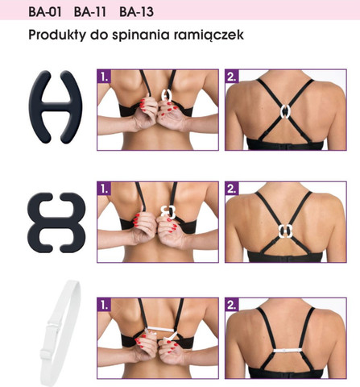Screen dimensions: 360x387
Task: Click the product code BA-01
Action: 45,12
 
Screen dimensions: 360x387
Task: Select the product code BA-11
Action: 90,12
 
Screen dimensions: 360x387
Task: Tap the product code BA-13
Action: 136,12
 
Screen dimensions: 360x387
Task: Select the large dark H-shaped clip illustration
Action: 56,106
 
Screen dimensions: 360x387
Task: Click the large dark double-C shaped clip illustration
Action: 56,223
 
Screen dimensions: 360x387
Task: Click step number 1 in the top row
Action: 104,77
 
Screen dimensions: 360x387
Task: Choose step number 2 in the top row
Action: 232,77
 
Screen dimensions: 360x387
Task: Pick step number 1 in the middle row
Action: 104,189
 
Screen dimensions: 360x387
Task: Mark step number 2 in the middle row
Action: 232,189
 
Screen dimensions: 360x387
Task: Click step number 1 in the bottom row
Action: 104,305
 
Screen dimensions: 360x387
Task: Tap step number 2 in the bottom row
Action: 232,305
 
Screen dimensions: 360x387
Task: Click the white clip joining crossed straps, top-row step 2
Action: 286,111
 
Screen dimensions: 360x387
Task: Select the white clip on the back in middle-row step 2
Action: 285,231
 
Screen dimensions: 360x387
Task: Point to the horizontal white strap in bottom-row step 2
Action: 288,351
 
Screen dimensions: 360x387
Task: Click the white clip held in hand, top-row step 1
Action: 167,95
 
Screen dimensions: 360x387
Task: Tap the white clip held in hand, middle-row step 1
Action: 168,212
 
